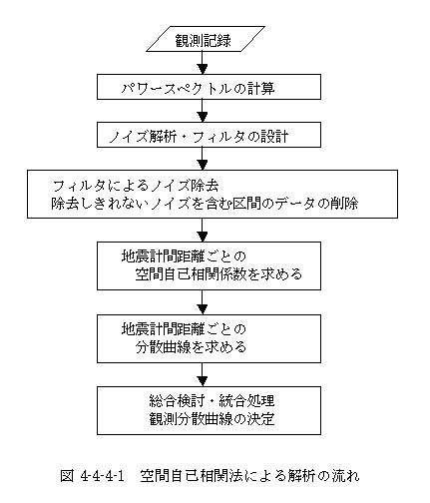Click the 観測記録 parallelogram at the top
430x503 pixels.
[206, 39]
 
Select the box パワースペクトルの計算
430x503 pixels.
[209, 87]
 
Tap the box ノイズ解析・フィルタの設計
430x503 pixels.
[209, 135]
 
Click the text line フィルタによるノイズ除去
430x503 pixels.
[136, 186]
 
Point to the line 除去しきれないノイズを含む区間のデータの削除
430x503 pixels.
[205, 204]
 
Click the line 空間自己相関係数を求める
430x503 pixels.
[218, 274]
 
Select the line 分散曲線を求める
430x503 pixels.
[191, 347]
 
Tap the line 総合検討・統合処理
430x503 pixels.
[212, 401]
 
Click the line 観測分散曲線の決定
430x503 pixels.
[212, 419]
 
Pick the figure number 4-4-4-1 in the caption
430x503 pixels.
[103, 476]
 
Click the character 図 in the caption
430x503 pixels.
[67, 476]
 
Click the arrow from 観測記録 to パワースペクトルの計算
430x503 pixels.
[203, 63]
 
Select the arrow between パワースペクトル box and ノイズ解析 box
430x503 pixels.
[203, 111]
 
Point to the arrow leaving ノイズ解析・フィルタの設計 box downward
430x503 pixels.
[203, 159]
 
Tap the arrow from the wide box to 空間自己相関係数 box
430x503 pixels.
[203, 230]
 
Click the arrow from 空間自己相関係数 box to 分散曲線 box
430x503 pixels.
[203, 302]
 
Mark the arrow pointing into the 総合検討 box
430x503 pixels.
[203, 374]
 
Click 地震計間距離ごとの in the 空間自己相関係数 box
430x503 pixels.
[184, 256]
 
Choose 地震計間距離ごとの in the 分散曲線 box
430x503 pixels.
[184, 329]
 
